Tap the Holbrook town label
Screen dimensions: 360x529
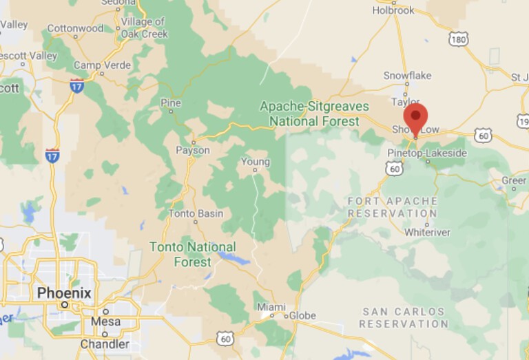(x=393, y=10)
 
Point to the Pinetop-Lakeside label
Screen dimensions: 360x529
(x=427, y=152)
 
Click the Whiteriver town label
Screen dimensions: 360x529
(x=427, y=232)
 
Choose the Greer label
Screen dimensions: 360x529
(x=514, y=180)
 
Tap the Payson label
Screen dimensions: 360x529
(x=193, y=150)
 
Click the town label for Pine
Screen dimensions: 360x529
(x=170, y=103)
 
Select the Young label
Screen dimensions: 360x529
(x=255, y=162)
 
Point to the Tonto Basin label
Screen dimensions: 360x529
(x=196, y=213)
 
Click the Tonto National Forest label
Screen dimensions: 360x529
(x=193, y=254)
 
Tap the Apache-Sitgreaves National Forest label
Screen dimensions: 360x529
(x=314, y=114)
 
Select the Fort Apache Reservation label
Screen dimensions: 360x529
(x=393, y=207)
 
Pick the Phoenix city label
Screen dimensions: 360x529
(x=64, y=293)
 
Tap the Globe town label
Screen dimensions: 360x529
(x=302, y=316)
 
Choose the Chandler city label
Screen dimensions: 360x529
(x=105, y=343)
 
